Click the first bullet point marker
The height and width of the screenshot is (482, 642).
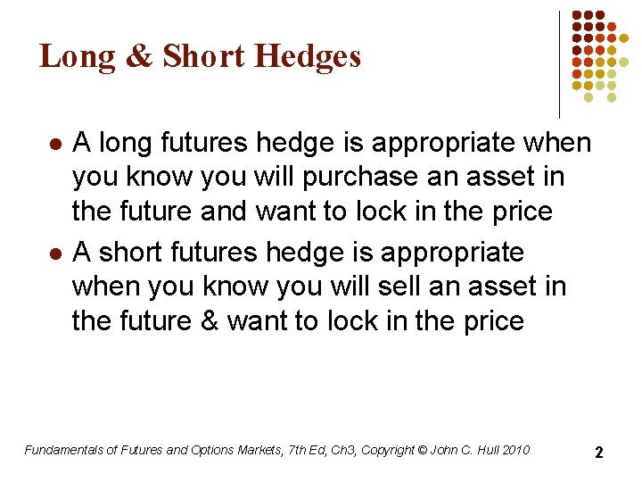54,144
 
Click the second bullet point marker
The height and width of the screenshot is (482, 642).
54,253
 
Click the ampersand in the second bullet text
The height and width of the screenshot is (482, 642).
204,321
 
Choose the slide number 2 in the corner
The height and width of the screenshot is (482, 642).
599,453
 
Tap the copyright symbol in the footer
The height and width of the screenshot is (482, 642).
422,450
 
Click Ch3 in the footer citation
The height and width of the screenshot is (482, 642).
341,450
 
